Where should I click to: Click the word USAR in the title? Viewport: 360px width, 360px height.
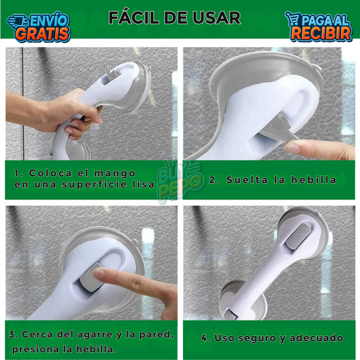[x=217, y=18]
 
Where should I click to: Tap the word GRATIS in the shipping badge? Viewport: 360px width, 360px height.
[x=43, y=34]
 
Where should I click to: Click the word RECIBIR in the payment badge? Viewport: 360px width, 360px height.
[x=321, y=34]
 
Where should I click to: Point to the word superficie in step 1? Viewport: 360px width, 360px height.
[x=94, y=185]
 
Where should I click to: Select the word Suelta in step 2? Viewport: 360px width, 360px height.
[x=247, y=180]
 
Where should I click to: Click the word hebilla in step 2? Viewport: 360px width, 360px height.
[x=314, y=180]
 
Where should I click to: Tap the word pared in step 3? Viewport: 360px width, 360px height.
[x=156, y=335]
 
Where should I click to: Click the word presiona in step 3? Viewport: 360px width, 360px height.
[x=36, y=350]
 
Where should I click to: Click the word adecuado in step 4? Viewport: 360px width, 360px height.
[x=316, y=338]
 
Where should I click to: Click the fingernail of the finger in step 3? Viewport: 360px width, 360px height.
[x=99, y=273]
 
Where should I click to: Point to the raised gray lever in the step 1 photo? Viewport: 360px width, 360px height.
[x=111, y=71]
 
